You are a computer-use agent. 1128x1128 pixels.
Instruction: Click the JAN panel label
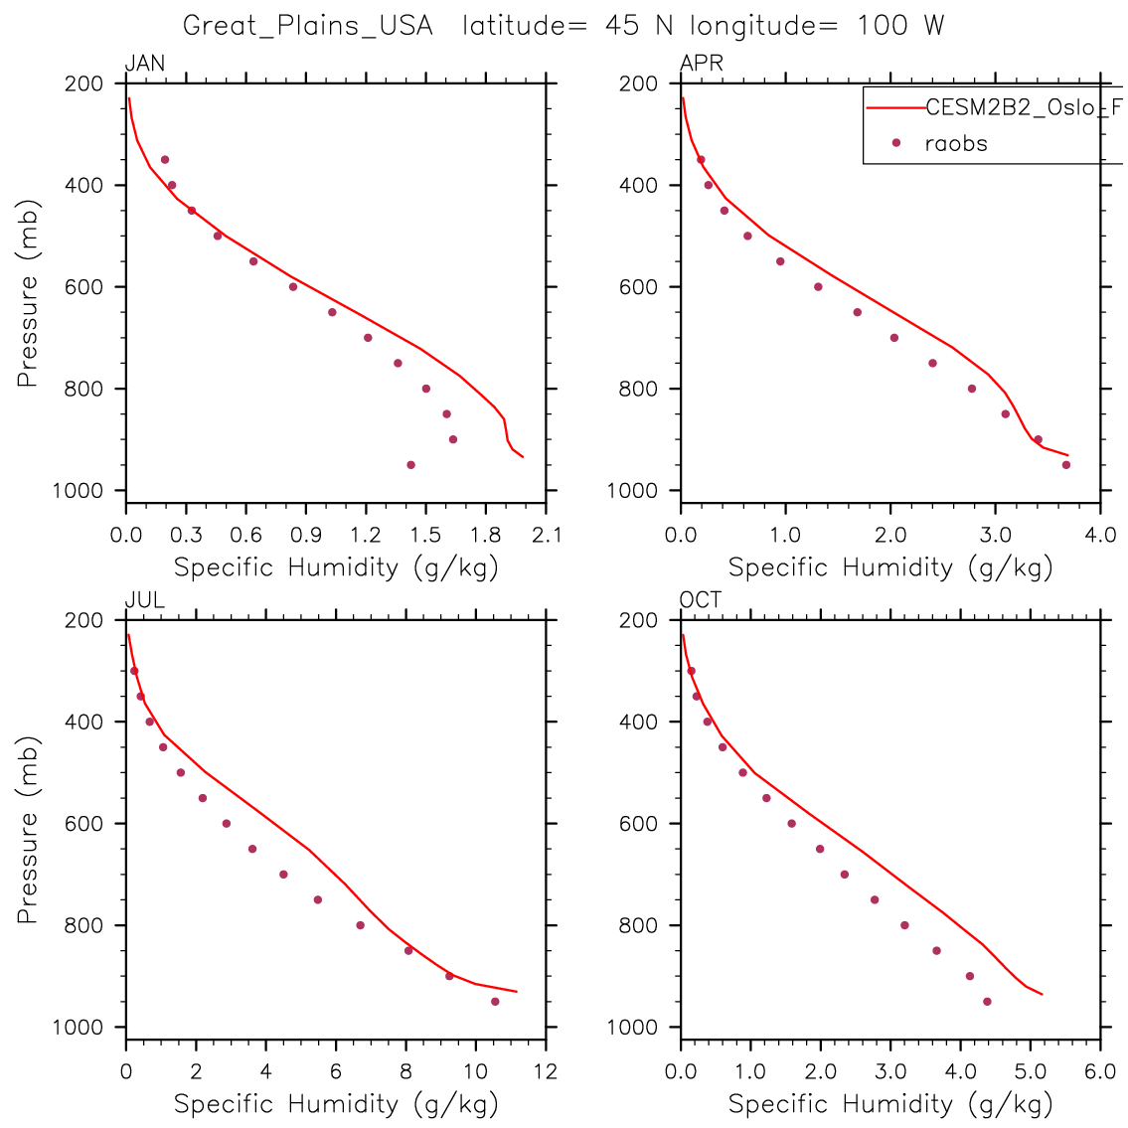(x=145, y=65)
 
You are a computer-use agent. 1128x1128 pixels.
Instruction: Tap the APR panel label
(x=701, y=65)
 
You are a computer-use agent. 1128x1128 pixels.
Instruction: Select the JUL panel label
(x=144, y=600)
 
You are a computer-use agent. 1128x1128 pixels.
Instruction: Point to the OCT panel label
(x=701, y=600)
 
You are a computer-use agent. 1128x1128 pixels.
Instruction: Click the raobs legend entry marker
(x=895, y=143)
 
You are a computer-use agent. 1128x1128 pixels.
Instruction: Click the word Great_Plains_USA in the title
(x=308, y=26)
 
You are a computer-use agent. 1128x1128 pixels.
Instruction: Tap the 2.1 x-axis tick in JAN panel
(x=546, y=535)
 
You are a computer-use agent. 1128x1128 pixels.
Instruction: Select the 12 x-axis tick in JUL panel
(x=546, y=1071)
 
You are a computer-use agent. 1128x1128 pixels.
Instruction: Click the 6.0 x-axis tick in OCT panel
(x=1100, y=1071)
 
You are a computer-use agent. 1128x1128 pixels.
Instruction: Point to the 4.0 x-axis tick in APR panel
(x=1100, y=535)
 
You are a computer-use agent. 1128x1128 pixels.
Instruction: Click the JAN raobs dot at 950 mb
(x=410, y=464)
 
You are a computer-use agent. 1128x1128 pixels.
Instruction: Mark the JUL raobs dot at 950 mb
(x=495, y=1001)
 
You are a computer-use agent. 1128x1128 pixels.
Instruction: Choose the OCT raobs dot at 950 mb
(x=987, y=1001)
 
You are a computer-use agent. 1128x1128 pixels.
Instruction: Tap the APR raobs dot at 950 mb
(x=1066, y=464)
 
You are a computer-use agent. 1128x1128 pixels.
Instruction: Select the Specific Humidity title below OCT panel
(x=890, y=1103)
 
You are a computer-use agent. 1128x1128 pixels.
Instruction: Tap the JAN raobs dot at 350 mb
(x=165, y=159)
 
